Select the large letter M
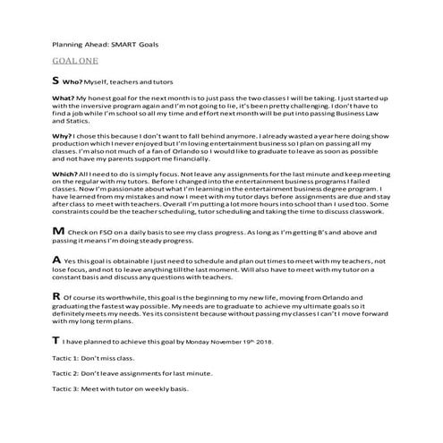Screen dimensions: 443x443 pyautogui.click(x=58, y=231)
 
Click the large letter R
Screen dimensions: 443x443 pyautogui.click(x=56, y=294)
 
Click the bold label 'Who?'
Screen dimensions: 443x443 pyautogui.click(x=75, y=81)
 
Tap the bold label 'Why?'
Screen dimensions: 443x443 pyautogui.click(x=63, y=135)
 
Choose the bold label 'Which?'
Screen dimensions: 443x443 pyautogui.click(x=65, y=173)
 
